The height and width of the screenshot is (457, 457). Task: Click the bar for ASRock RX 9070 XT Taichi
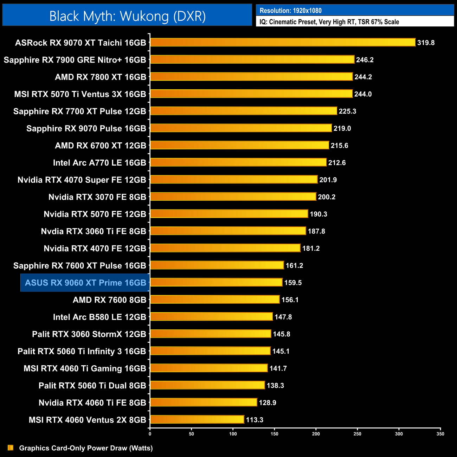pyautogui.click(x=283, y=43)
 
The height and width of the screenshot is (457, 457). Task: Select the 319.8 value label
pyautogui.click(x=426, y=43)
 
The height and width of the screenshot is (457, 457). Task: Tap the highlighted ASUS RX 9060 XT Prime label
pyautogui.click(x=85, y=283)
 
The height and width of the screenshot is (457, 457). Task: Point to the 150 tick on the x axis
pyautogui.click(x=275, y=434)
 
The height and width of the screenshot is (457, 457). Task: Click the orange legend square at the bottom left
pyautogui.click(x=11, y=448)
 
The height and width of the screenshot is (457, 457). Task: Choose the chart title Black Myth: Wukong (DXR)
pyautogui.click(x=127, y=16)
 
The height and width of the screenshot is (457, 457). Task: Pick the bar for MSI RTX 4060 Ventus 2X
pyautogui.click(x=197, y=419)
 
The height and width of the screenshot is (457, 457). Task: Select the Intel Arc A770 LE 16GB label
pyautogui.click(x=99, y=163)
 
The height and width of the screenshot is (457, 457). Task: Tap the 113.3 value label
pyautogui.click(x=255, y=420)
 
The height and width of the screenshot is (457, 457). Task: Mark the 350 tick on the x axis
pyautogui.click(x=440, y=434)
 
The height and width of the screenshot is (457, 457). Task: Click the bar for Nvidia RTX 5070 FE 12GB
pyautogui.click(x=229, y=214)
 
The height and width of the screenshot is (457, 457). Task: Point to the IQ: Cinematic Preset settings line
pyautogui.click(x=329, y=22)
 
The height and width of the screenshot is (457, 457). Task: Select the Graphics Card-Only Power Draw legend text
pyautogui.click(x=86, y=448)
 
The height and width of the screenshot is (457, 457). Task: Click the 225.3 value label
pyautogui.click(x=347, y=111)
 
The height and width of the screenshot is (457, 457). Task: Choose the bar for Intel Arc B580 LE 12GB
pyautogui.click(x=211, y=317)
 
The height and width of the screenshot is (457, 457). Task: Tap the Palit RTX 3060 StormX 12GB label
pyautogui.click(x=89, y=334)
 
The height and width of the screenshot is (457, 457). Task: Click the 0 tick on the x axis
pyautogui.click(x=150, y=434)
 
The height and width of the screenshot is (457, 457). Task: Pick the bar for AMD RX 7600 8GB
pyautogui.click(x=215, y=300)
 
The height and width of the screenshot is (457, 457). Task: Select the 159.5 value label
pyautogui.click(x=293, y=283)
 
